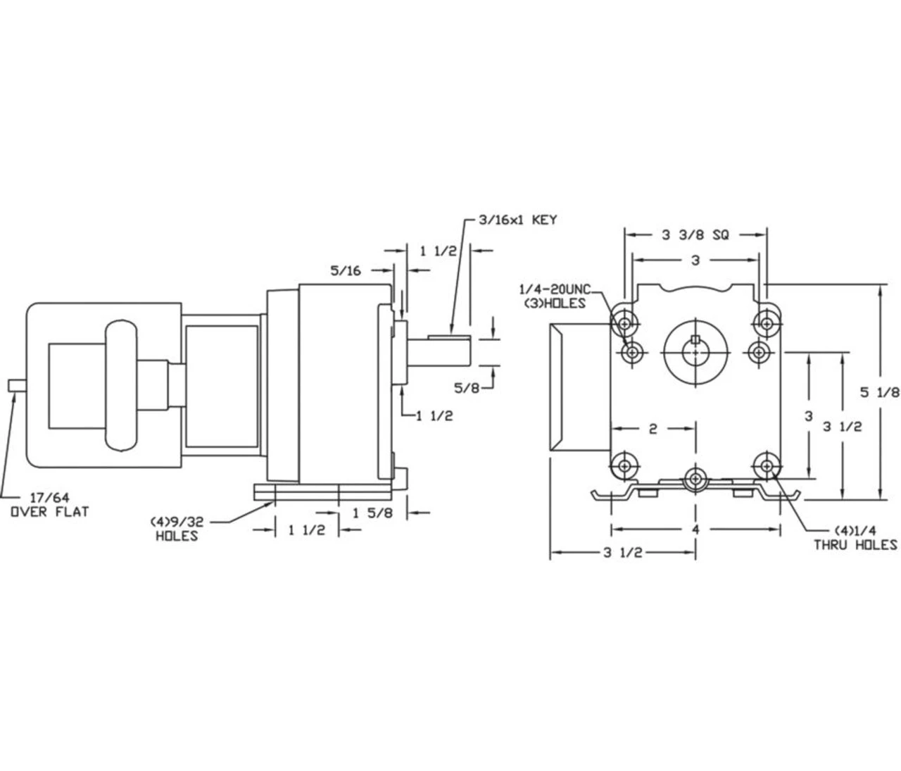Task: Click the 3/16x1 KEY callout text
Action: coord(517,220)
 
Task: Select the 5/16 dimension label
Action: coord(345,270)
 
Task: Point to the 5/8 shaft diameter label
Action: coord(466,387)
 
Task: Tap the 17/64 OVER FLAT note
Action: coord(49,504)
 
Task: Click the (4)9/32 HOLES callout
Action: coord(176,529)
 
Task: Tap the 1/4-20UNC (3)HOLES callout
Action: coord(553,296)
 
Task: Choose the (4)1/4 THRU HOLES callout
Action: coord(855,537)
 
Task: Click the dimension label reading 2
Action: coord(653,428)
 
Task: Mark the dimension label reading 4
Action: coord(695,529)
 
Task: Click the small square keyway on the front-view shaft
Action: coord(695,341)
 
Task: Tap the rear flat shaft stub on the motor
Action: coord(17,385)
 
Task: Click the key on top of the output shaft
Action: coord(449,332)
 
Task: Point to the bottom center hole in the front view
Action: coord(695,479)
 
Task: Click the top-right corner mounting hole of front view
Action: coord(766,322)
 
